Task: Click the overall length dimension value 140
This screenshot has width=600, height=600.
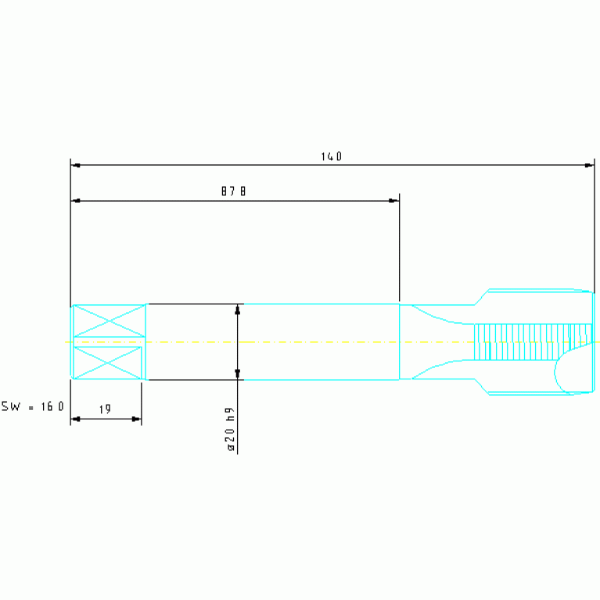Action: coord(332,156)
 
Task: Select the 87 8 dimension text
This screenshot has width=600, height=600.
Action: coord(233,191)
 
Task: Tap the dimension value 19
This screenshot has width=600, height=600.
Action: coord(105,409)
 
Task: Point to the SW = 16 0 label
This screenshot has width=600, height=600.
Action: coord(33,406)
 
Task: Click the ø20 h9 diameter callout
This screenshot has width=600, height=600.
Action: coord(230,429)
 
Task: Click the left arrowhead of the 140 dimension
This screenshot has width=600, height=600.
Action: coord(76,165)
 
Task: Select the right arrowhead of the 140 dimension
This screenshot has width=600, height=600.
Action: coord(589,165)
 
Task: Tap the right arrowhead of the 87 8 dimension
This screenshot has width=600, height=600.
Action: coord(393,200)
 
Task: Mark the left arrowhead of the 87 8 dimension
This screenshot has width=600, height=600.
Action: coord(76,200)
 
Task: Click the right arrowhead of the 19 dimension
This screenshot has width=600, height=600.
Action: coord(136,419)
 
